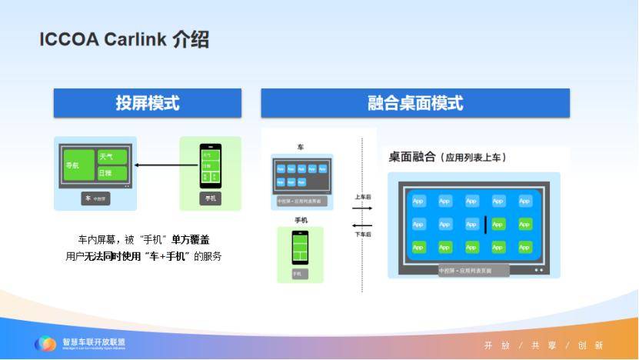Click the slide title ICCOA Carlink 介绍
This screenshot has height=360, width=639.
pyautogui.click(x=124, y=40)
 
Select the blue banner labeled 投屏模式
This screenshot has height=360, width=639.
pyautogui.click(x=147, y=103)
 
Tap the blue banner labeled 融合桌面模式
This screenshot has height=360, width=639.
pyautogui.click(x=415, y=103)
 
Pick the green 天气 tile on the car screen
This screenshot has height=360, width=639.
pyautogui.click(x=112, y=157)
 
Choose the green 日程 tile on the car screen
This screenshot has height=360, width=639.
pyautogui.click(x=112, y=173)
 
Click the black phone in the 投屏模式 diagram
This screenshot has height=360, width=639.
pyautogui.click(x=210, y=165)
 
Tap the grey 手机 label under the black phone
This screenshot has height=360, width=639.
pyautogui.click(x=210, y=198)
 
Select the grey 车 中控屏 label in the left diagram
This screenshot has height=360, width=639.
pyautogui.click(x=96, y=198)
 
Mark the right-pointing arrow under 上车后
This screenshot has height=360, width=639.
pyautogui.click(x=362, y=207)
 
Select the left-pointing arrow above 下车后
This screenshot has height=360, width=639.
pyautogui.click(x=362, y=225)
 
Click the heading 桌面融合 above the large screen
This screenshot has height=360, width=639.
pyautogui.click(x=411, y=157)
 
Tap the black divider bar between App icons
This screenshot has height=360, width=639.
pyautogui.click(x=485, y=224)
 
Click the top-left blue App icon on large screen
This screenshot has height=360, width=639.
pyautogui.click(x=418, y=201)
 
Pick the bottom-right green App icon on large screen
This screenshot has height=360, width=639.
pyautogui.click(x=524, y=247)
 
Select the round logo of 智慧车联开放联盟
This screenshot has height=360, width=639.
pyautogui.click(x=46, y=344)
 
